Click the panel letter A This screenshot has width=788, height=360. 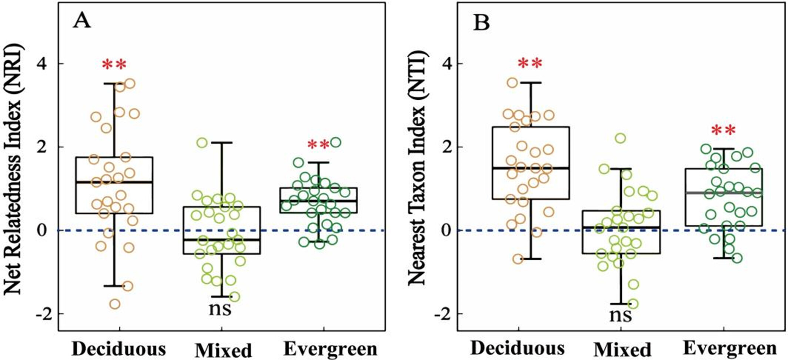(82, 21)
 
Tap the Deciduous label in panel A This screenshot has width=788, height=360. (119, 349)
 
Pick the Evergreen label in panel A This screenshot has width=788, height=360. (330, 349)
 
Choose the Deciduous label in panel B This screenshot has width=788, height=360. (518, 348)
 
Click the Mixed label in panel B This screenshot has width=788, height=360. (622, 350)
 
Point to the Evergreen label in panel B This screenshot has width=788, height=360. (729, 348)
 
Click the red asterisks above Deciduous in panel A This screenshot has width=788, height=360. (114, 65)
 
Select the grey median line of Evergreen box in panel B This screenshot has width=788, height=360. (724, 193)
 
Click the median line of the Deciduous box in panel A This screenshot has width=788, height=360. (114, 182)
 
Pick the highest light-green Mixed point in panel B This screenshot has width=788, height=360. (620, 139)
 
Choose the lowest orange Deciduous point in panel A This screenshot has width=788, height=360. (115, 304)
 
